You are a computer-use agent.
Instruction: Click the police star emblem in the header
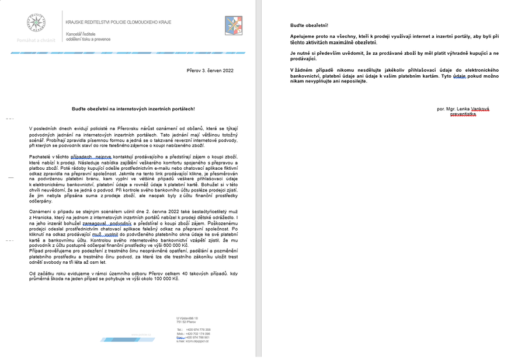click(x=36, y=24)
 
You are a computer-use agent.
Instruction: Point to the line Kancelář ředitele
click(x=81, y=34)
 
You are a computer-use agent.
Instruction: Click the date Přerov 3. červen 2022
click(x=210, y=70)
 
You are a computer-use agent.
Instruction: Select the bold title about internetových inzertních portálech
click(x=133, y=109)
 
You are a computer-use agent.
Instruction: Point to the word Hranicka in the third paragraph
click(x=43, y=218)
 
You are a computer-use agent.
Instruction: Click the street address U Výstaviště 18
click(x=187, y=318)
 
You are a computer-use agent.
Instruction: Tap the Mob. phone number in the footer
click(x=198, y=334)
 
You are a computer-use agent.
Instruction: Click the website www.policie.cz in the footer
click(x=142, y=335)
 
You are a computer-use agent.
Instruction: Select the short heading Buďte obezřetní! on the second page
click(x=310, y=26)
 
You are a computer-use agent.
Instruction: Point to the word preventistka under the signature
click(x=463, y=115)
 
